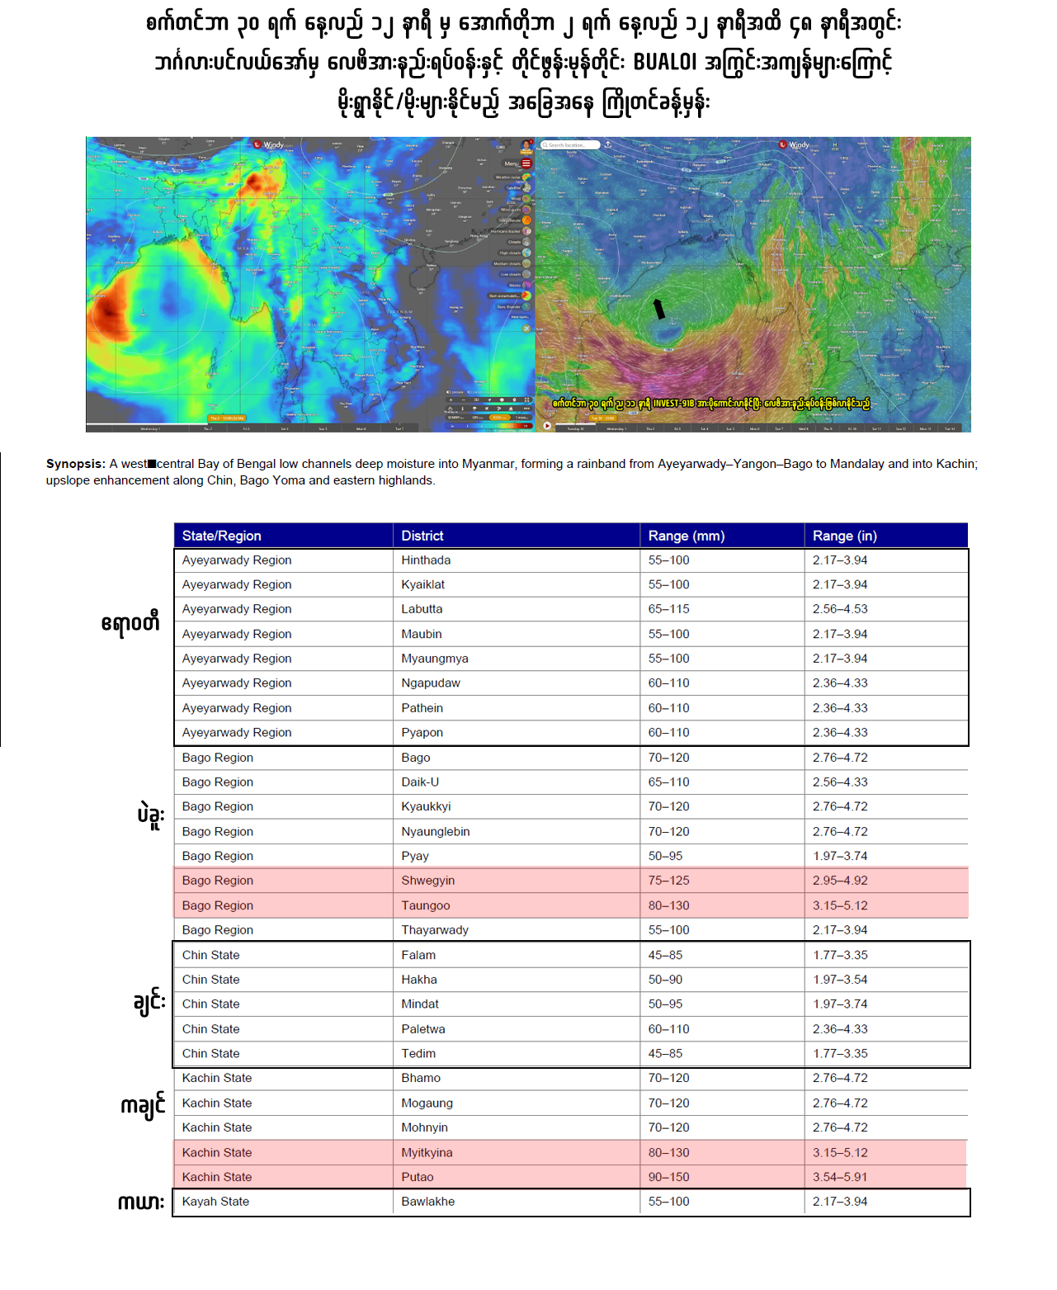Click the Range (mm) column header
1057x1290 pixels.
tap(686, 536)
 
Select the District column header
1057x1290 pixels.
tap(422, 536)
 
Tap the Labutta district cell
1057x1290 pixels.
tap(422, 609)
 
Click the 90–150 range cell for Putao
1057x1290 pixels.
tap(668, 1177)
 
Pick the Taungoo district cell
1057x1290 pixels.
tap(425, 905)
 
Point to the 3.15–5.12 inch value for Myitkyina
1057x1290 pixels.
tap(839, 1152)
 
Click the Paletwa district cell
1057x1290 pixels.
tap(422, 1029)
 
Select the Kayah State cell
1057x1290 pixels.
tap(215, 1202)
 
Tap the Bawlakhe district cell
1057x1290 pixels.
tap(427, 1202)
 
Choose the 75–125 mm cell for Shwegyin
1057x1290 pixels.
tap(668, 881)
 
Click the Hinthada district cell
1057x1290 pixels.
tap(426, 560)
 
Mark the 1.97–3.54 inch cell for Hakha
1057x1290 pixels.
tap(839, 980)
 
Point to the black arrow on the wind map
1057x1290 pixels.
tap(658, 309)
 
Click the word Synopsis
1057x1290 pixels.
tap(75, 464)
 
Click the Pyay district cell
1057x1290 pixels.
tap(415, 856)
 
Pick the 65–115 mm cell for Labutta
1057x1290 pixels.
tap(668, 609)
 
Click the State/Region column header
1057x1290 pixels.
tap(221, 536)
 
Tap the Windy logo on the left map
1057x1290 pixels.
tap(269, 144)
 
